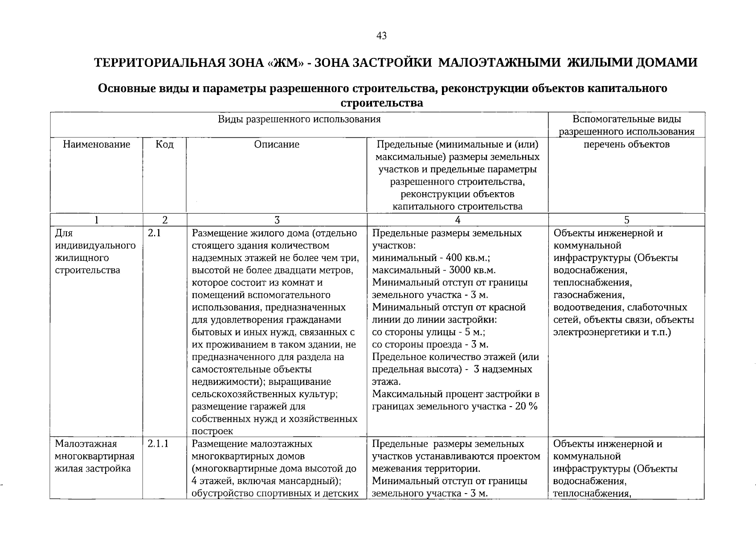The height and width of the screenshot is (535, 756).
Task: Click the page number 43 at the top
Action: coord(381,36)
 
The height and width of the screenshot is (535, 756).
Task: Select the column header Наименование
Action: coord(97,144)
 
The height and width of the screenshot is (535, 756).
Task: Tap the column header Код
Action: coord(164,144)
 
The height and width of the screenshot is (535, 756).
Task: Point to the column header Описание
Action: coord(277,144)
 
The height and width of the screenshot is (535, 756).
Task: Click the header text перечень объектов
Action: coord(626,144)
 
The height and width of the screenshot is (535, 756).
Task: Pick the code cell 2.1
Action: coord(154,233)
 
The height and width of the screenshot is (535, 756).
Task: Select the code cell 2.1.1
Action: coord(158,444)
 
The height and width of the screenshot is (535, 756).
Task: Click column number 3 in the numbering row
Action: coord(277,220)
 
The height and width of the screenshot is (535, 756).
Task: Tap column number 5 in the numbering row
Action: coord(626,220)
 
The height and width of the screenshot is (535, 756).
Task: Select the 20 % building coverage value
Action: coord(527,407)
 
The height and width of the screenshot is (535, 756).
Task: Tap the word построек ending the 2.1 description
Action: coord(212,432)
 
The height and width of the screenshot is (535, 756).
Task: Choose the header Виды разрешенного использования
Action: coord(299,119)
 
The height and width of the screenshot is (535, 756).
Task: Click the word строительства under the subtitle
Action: coord(382,103)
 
